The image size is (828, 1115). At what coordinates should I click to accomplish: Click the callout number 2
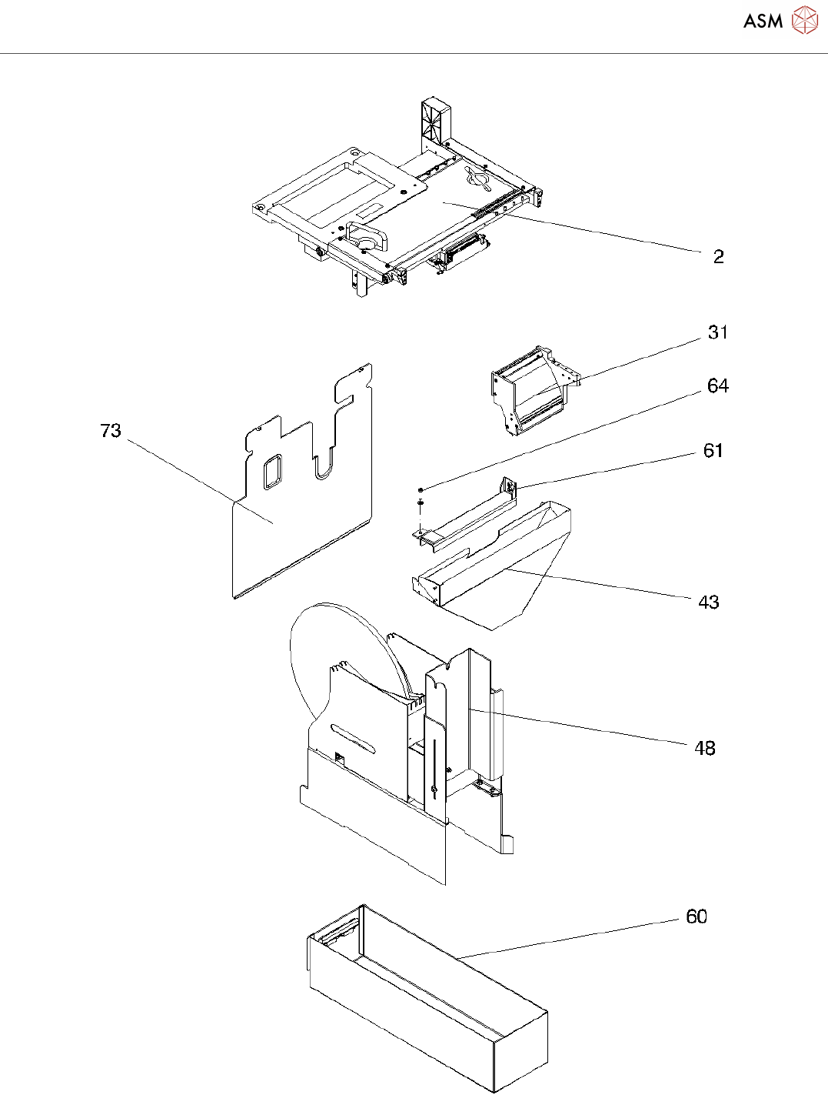tap(718, 257)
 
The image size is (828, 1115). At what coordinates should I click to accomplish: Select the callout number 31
tap(717, 332)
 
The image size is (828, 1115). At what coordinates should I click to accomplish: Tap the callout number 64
tap(717, 386)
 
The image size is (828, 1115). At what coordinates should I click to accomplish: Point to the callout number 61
tap(713, 451)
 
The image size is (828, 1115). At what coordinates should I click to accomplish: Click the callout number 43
tap(708, 603)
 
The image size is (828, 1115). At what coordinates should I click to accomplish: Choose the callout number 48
tap(704, 748)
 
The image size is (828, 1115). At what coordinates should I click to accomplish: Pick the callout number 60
tap(696, 917)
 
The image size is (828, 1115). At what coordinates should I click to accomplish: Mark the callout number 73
tap(111, 431)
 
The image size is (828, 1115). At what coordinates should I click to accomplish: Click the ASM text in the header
tap(763, 22)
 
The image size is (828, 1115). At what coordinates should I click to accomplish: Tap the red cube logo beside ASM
tap(805, 21)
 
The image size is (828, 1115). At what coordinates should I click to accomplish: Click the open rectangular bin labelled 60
tap(431, 1000)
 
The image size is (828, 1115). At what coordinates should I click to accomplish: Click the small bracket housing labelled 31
tap(530, 392)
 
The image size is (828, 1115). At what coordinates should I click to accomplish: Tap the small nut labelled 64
tap(421, 489)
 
